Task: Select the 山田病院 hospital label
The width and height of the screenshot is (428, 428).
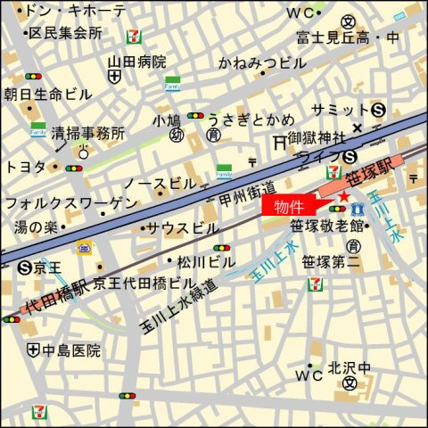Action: (x=137, y=62)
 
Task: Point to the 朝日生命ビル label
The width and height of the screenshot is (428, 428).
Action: (x=47, y=94)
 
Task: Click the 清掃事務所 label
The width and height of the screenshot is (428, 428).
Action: (x=87, y=133)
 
